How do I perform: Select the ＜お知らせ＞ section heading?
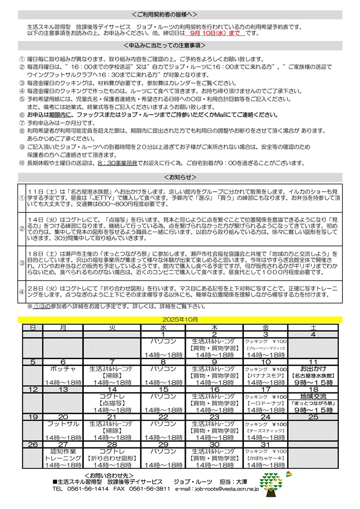(x=180, y=176)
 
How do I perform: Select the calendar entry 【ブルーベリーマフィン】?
(x=265, y=348)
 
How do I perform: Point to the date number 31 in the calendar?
(x=265, y=444)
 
